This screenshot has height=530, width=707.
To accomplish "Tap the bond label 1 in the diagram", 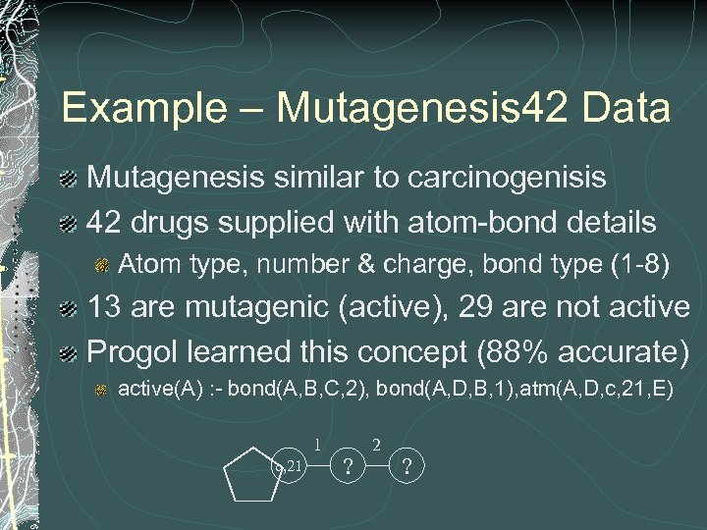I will [x=317, y=445].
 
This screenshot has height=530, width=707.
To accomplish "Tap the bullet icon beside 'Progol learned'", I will [x=68, y=349].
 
